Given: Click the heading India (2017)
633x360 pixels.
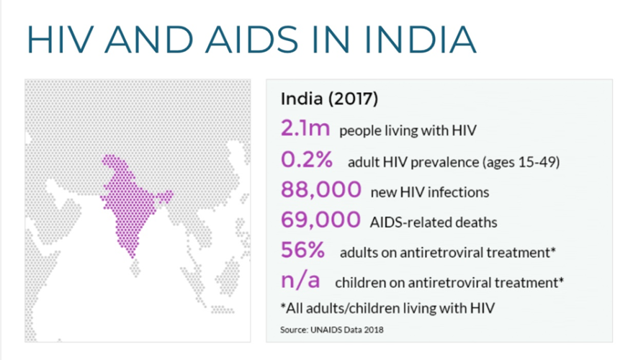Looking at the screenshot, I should tap(328, 99).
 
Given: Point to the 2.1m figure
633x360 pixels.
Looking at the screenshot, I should tap(305, 130).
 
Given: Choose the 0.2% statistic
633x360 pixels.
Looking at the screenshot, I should tap(308, 161).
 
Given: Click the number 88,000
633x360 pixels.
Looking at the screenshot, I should tap(320, 191).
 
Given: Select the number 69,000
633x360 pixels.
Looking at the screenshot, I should tap(320, 221).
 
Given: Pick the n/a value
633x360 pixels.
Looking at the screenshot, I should tap(301, 282).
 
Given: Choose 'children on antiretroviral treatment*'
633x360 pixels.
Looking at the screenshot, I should tap(449, 283).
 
